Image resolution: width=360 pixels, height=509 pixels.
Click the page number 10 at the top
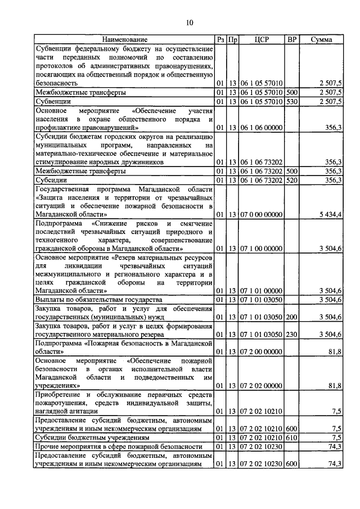click(x=190, y=22)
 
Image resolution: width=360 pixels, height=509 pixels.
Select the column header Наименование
click(x=124, y=40)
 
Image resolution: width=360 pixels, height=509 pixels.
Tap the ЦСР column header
click(x=261, y=40)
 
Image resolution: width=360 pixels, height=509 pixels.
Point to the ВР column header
click(x=291, y=40)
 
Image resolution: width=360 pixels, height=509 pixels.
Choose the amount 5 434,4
click(x=330, y=214)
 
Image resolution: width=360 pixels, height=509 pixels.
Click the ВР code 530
click(x=291, y=102)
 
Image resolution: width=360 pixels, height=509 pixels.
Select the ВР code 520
click(x=291, y=181)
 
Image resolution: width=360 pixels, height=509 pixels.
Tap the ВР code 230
click(x=291, y=335)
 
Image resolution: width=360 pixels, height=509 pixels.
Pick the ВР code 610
click(x=291, y=437)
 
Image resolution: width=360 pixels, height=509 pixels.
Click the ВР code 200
click(x=291, y=317)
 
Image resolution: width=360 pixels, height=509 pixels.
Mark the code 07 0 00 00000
click(x=261, y=214)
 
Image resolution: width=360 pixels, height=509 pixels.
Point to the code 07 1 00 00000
click(x=261, y=248)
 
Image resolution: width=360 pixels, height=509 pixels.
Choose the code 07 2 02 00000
click(x=261, y=386)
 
